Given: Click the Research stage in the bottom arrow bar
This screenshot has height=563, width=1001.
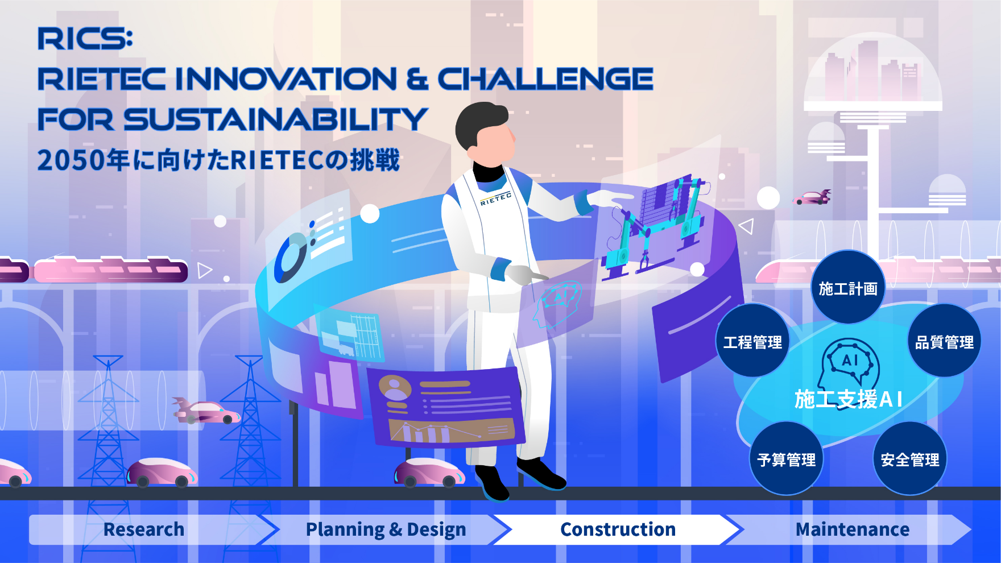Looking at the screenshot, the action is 144,529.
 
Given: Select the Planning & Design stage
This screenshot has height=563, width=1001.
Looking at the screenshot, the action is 386,529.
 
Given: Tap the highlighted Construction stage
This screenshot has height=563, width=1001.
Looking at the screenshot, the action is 618,529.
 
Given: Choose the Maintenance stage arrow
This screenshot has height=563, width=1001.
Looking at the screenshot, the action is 852,529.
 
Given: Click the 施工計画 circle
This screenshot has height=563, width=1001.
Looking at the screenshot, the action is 848,288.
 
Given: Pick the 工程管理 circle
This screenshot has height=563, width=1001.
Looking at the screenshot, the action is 752,341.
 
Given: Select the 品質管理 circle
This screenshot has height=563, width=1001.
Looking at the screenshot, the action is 944,341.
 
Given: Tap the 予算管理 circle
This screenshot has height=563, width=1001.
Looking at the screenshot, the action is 787,459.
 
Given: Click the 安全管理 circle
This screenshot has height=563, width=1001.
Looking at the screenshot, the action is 910,459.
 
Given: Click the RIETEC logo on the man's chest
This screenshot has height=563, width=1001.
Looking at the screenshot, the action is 495,198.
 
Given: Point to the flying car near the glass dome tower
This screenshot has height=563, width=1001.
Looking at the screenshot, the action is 813,197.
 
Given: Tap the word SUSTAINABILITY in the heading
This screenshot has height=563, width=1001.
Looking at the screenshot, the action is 275,119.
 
